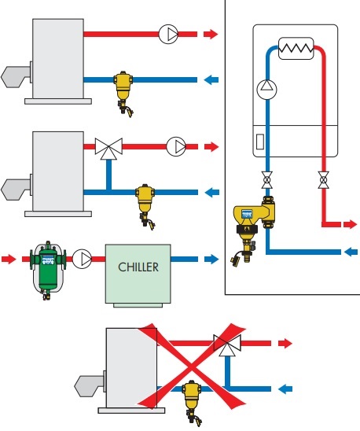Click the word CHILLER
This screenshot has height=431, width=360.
pyautogui.click(x=138, y=267)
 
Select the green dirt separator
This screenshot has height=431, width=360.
pyautogui.click(x=48, y=268)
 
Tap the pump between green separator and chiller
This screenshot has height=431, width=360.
pyautogui.click(x=83, y=259)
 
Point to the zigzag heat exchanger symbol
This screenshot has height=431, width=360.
pyautogui.click(x=296, y=49)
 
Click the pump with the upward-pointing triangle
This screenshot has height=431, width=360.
pyautogui.click(x=266, y=90)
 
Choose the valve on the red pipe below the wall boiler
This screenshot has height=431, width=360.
pyautogui.click(x=324, y=180)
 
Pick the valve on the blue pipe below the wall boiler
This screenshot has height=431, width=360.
pyautogui.click(x=266, y=180)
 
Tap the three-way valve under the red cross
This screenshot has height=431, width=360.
pyautogui.click(x=227, y=344)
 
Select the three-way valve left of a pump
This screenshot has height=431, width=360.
pyautogui.click(x=108, y=149)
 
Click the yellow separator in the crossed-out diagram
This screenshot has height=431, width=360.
pyautogui.click(x=193, y=400)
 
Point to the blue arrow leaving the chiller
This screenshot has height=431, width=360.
pyautogui.click(x=211, y=259)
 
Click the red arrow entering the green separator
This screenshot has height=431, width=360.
pyautogui.click(x=9, y=259)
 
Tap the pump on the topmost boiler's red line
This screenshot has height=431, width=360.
pyautogui.click(x=168, y=34)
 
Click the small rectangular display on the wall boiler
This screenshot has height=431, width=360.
pyautogui.click(x=260, y=142)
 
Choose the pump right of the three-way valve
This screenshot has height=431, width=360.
pyautogui.click(x=176, y=146)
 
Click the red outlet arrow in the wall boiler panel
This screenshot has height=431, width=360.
pyautogui.click(x=350, y=224)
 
